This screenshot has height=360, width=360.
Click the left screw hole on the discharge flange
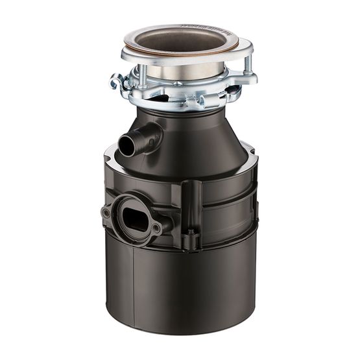tap(106, 213)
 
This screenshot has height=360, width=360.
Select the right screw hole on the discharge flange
tap(156, 228)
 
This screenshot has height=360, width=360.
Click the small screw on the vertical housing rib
tap(191, 230)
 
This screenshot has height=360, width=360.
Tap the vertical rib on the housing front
tap(191, 208)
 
